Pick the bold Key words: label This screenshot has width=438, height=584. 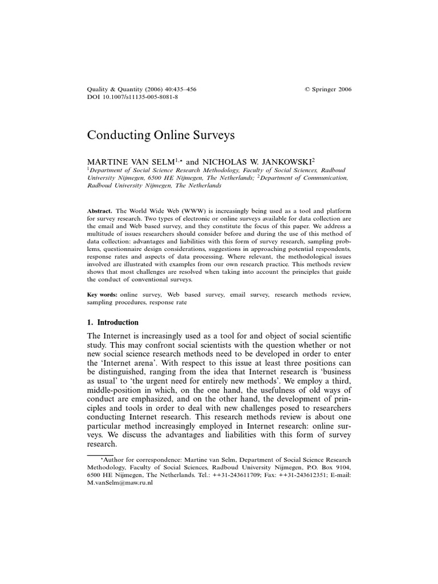coord(102,294)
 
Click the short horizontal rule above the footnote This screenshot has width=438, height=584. coord(100,455)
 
